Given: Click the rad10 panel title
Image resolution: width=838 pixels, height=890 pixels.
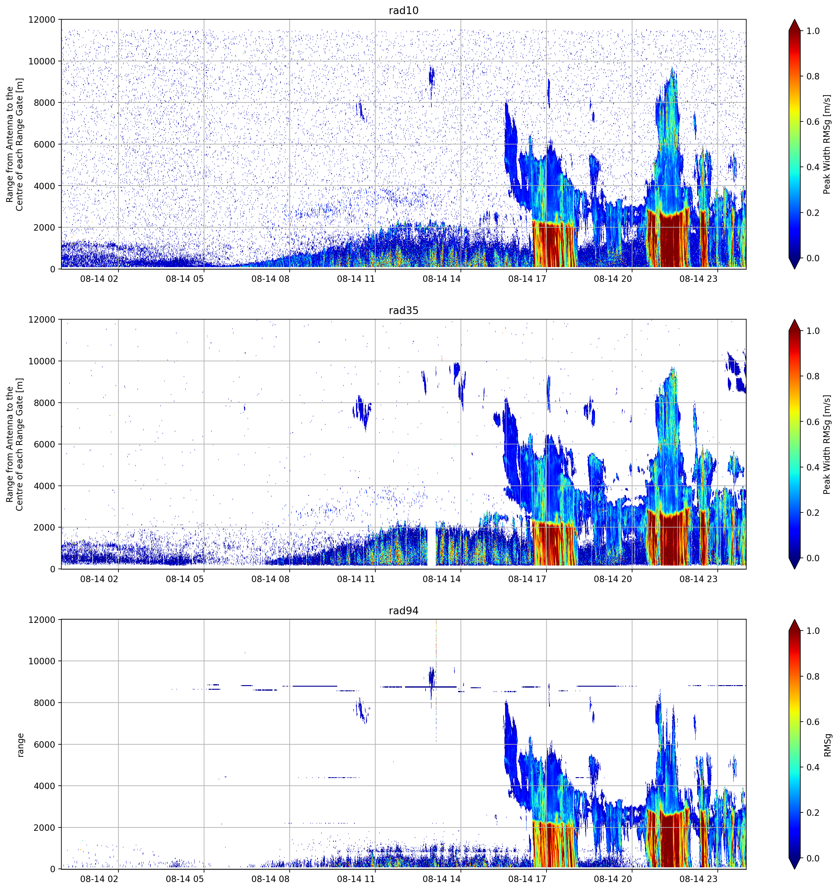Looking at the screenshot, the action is coord(403,10).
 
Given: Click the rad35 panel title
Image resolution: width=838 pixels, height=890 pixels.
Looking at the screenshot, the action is coord(403,310).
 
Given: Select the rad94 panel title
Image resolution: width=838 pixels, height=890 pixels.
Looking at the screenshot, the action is coord(403,611).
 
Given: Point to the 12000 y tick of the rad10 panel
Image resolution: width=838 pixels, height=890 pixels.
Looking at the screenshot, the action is coord(42,20).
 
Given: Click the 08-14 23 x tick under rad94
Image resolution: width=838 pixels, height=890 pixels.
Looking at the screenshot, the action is coord(698,879).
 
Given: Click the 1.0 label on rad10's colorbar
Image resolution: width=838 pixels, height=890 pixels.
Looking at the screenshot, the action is coord(813,31).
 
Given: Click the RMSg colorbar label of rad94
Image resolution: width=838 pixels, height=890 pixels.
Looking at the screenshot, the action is coord(827,745).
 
